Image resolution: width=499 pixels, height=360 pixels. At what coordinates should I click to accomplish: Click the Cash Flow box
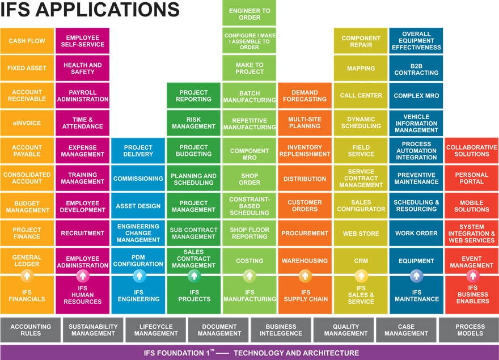click(x=27, y=41)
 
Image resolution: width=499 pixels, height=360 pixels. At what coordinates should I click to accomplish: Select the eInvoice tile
click(x=27, y=123)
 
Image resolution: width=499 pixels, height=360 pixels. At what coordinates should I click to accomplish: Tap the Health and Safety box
click(x=83, y=69)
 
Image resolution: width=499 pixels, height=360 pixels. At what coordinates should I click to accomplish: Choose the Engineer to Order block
click(x=249, y=14)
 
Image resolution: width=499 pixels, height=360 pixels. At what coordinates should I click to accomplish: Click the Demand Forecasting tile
click(x=305, y=96)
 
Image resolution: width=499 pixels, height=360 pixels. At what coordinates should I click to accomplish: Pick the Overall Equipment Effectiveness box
click(x=416, y=41)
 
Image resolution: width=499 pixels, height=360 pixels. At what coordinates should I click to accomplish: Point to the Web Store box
click(x=361, y=234)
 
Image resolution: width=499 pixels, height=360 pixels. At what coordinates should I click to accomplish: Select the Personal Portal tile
click(x=472, y=179)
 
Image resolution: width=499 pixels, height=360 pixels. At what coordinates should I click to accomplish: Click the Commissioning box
click(x=138, y=179)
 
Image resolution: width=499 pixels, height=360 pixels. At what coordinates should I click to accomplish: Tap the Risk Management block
click(x=194, y=123)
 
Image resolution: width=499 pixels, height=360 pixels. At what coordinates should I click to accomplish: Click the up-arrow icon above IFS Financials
click(x=27, y=276)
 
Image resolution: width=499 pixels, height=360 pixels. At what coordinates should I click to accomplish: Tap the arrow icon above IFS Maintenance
click(x=416, y=276)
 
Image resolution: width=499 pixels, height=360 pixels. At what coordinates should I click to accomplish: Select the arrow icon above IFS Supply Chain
click(x=305, y=276)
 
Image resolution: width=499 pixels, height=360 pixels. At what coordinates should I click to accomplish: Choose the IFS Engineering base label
click(x=138, y=296)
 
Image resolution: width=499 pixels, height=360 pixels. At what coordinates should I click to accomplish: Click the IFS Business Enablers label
click(x=472, y=295)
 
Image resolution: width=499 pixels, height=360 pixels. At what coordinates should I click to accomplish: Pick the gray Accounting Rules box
click(x=31, y=330)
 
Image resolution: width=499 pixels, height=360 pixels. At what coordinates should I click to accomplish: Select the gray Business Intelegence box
click(x=281, y=330)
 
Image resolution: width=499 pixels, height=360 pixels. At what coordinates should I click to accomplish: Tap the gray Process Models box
click(x=470, y=330)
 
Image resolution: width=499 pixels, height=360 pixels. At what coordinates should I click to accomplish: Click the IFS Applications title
click(x=91, y=10)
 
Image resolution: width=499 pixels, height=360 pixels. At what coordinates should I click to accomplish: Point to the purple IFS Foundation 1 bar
click(x=249, y=353)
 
